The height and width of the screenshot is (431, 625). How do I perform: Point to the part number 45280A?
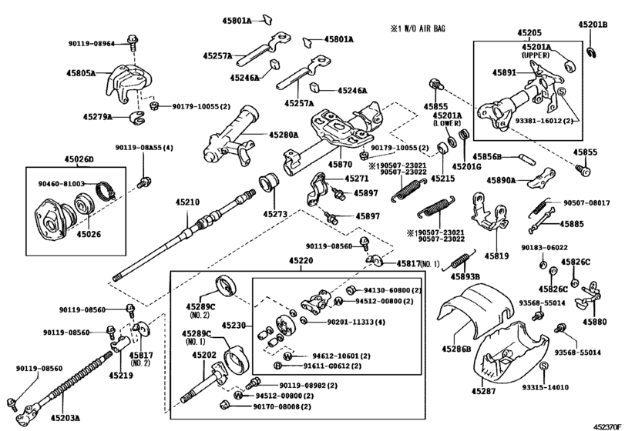(283, 135)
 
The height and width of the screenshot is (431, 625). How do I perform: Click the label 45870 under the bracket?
(340, 164)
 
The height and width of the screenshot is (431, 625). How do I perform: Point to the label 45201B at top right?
(593, 25)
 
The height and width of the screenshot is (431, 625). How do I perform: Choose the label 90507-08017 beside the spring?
(587, 202)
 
